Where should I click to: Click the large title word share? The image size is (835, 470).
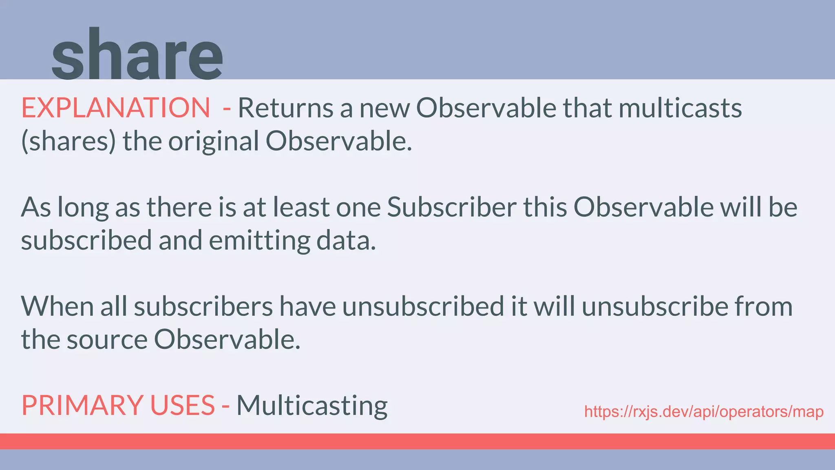click(x=137, y=55)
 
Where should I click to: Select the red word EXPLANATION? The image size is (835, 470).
click(x=116, y=108)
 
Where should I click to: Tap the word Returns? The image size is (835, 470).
click(x=285, y=108)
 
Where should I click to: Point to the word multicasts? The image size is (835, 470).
click(x=680, y=108)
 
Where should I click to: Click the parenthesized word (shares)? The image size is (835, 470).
click(x=68, y=142)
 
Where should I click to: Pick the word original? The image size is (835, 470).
click(x=214, y=142)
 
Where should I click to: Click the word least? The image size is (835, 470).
click(x=301, y=207)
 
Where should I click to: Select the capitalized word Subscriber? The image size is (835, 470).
click(x=452, y=207)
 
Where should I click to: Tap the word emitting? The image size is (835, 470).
click(x=259, y=241)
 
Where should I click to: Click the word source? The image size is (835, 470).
click(x=107, y=339)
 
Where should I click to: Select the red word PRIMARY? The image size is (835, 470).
click(x=82, y=406)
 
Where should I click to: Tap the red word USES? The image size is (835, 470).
click(x=182, y=406)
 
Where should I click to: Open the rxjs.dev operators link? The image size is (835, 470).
click(x=704, y=412)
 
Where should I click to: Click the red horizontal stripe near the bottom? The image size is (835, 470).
click(x=417, y=441)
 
